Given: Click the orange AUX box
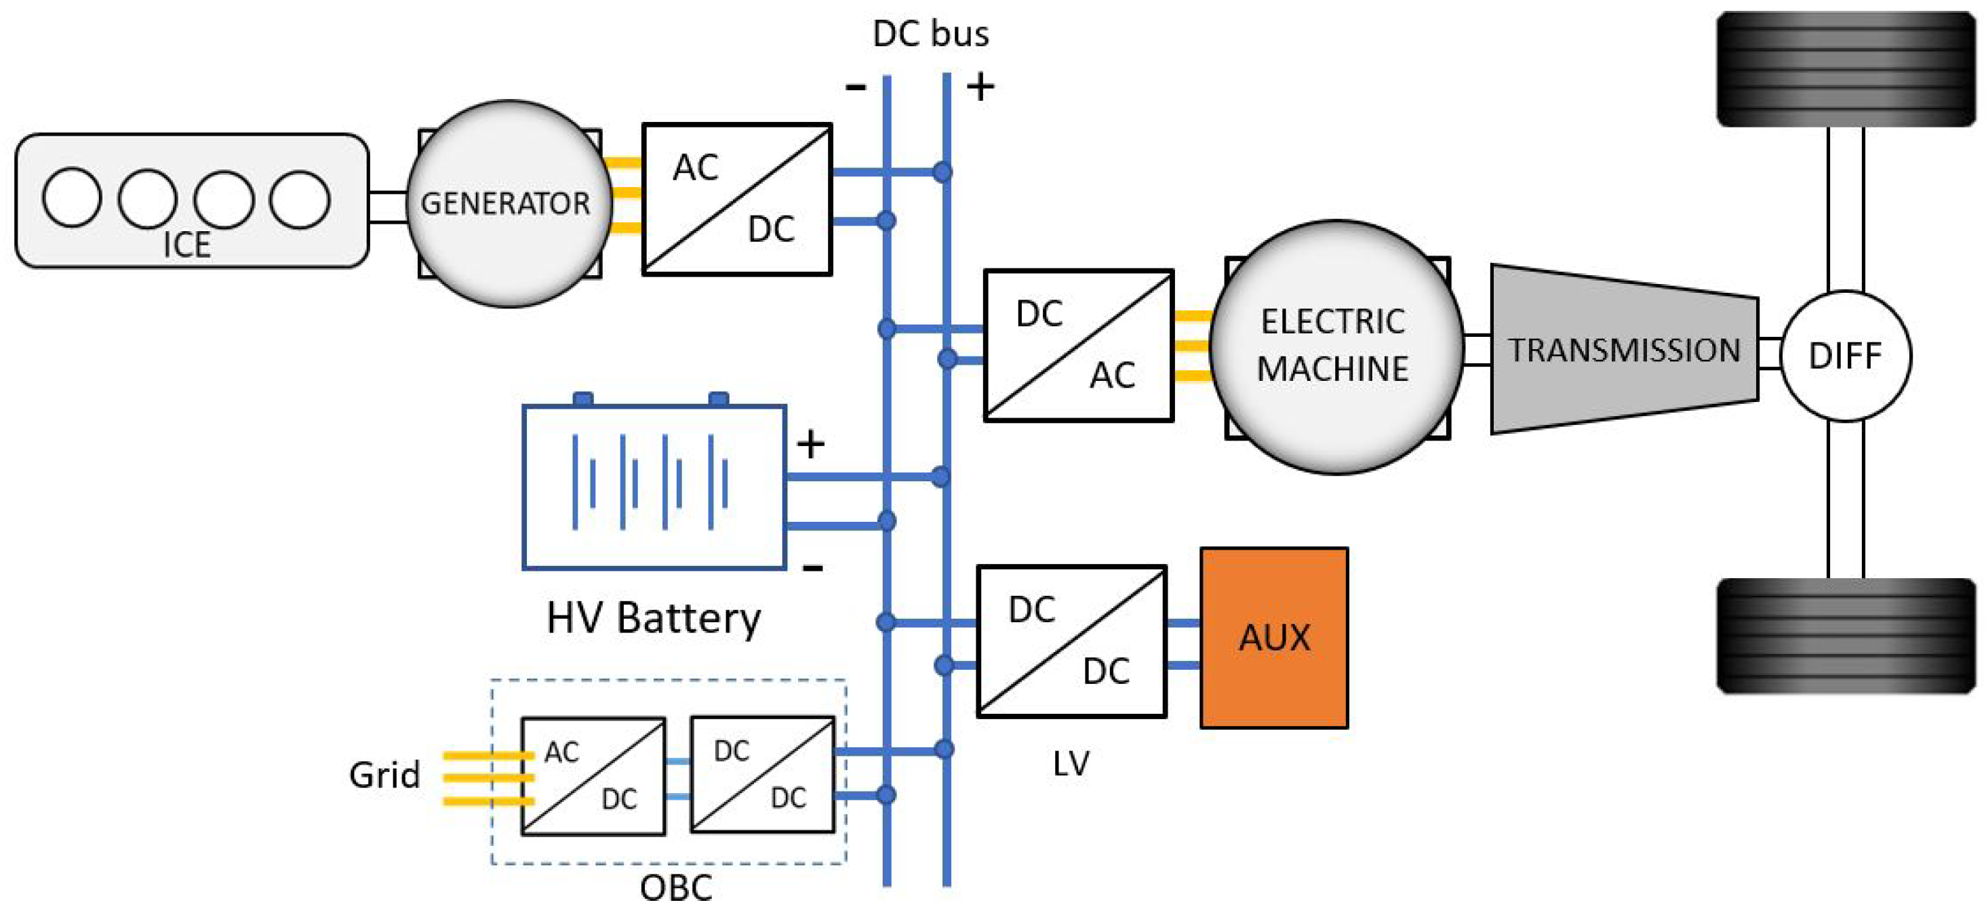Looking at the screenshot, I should (x=1273, y=637).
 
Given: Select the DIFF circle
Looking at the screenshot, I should (x=1845, y=355).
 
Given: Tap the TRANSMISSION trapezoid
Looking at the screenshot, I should (x=1624, y=350).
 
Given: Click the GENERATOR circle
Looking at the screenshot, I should (x=507, y=203).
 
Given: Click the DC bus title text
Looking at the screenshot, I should (x=930, y=34).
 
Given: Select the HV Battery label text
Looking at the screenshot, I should (x=654, y=618).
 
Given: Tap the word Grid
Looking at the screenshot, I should (x=384, y=775).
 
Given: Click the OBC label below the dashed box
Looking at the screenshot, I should (x=675, y=888).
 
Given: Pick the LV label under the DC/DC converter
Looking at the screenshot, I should (x=1071, y=763).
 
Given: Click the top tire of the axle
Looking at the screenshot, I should (x=1845, y=69).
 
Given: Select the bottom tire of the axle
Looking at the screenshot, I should (x=1845, y=636).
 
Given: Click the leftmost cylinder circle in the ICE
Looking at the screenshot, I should (x=72, y=198).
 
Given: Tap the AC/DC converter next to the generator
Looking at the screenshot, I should (x=736, y=199).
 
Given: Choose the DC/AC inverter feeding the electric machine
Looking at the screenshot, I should (x=1078, y=345).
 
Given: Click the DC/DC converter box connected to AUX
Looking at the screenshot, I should (x=1071, y=641).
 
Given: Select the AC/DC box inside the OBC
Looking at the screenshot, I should (x=593, y=775).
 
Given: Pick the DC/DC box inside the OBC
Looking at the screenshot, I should (x=761, y=775).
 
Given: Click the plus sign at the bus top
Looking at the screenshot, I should (x=980, y=86).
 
